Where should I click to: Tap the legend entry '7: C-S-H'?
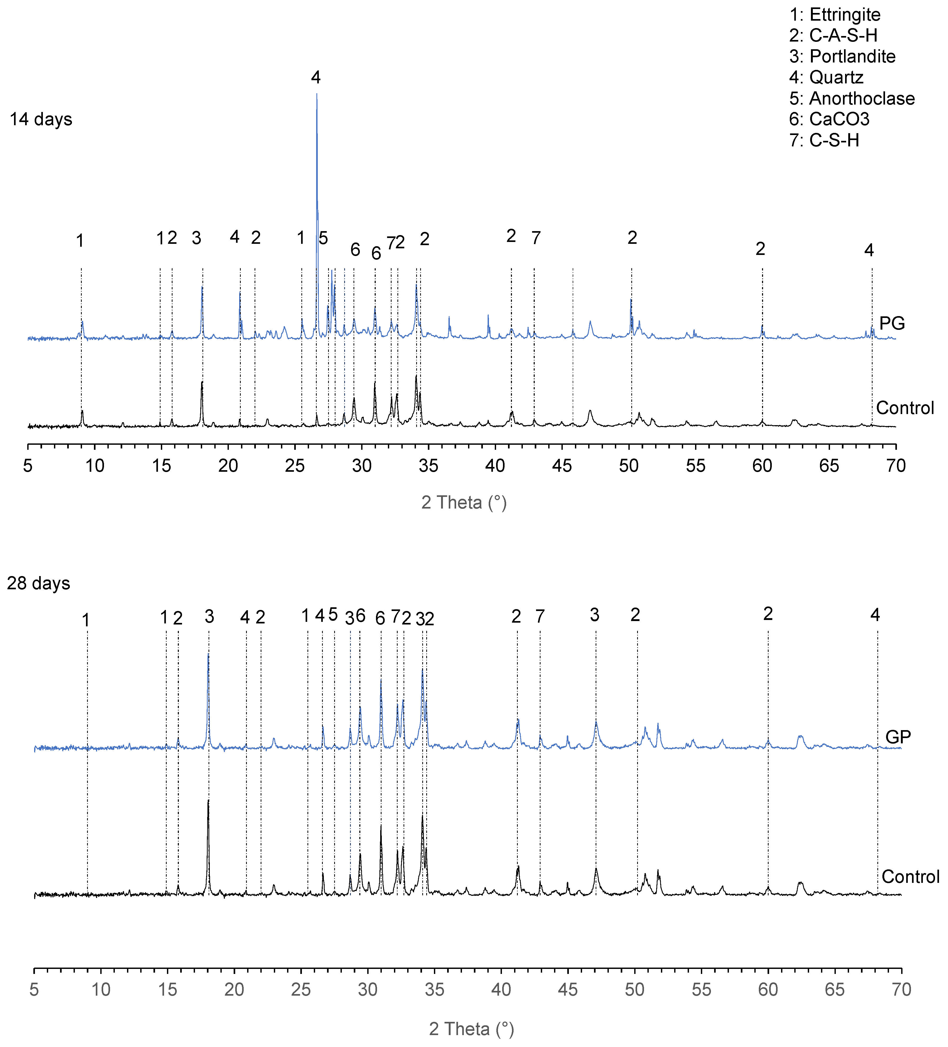coord(824,140)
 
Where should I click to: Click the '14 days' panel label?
coord(41,119)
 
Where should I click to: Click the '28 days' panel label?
coord(38,583)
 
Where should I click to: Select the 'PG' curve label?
coord(892,323)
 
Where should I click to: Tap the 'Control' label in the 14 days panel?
coord(905,408)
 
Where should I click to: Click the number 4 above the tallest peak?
coord(316,77)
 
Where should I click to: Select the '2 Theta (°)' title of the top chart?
coord(464,502)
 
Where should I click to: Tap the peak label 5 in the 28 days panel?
coord(333,614)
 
